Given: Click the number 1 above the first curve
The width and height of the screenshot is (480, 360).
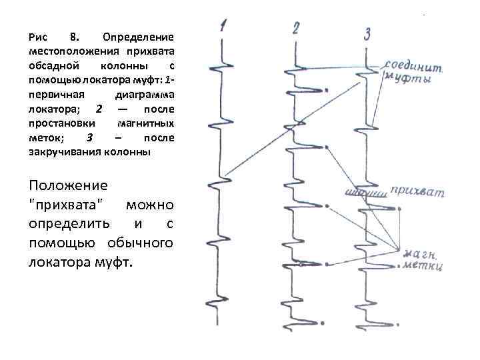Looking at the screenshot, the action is pyautogui.click(x=223, y=27).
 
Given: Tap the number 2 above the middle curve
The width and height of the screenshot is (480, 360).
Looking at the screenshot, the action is pyautogui.click(x=296, y=29).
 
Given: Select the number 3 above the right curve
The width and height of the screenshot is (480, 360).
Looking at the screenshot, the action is pyautogui.click(x=367, y=33).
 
